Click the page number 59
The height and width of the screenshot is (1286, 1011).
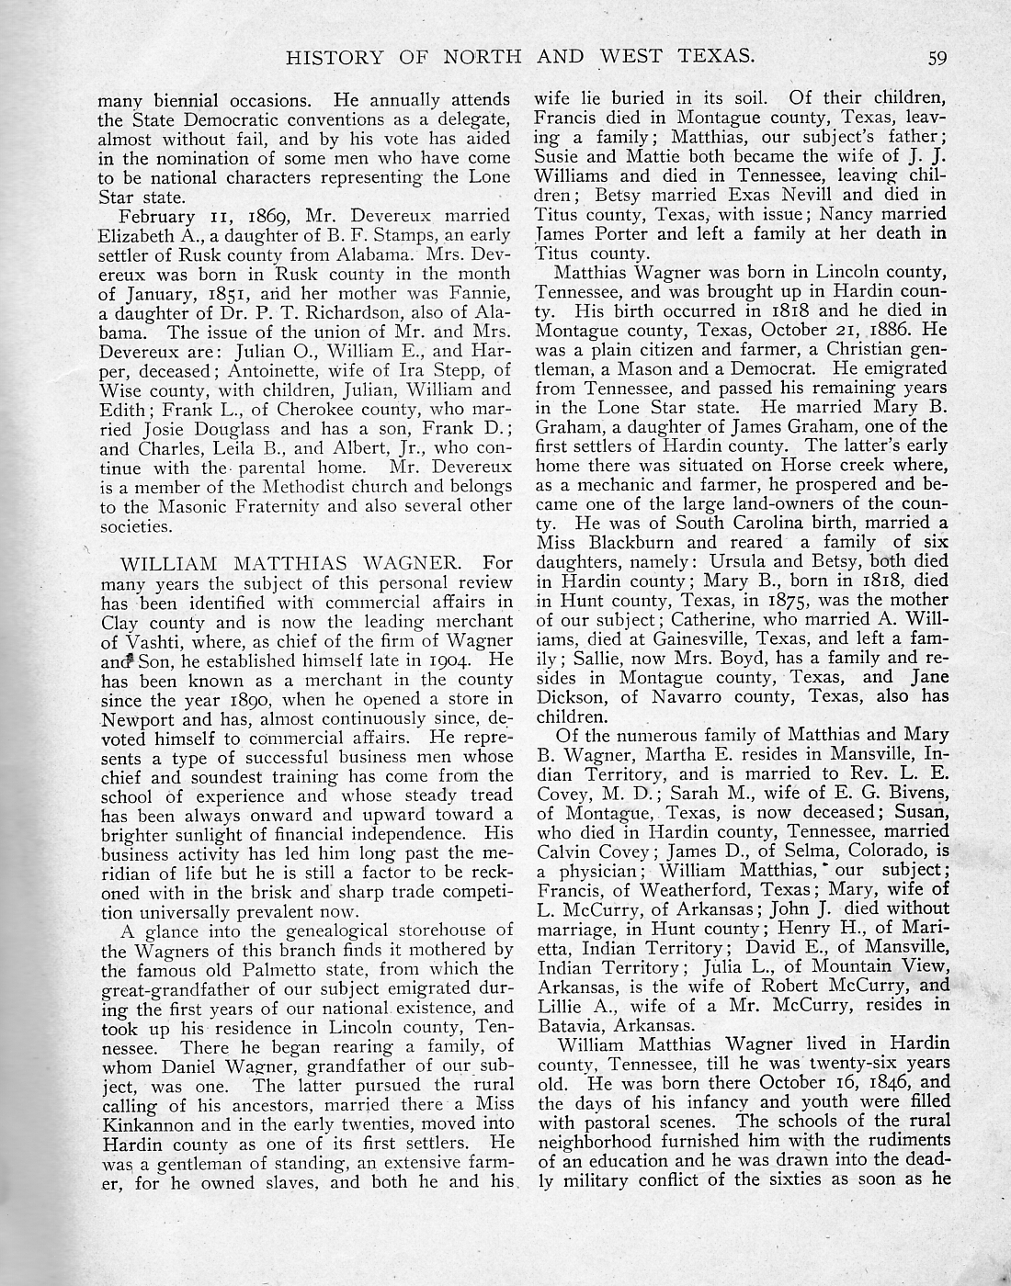tap(937, 59)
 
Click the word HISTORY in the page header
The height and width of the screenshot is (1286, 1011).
tap(332, 58)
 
